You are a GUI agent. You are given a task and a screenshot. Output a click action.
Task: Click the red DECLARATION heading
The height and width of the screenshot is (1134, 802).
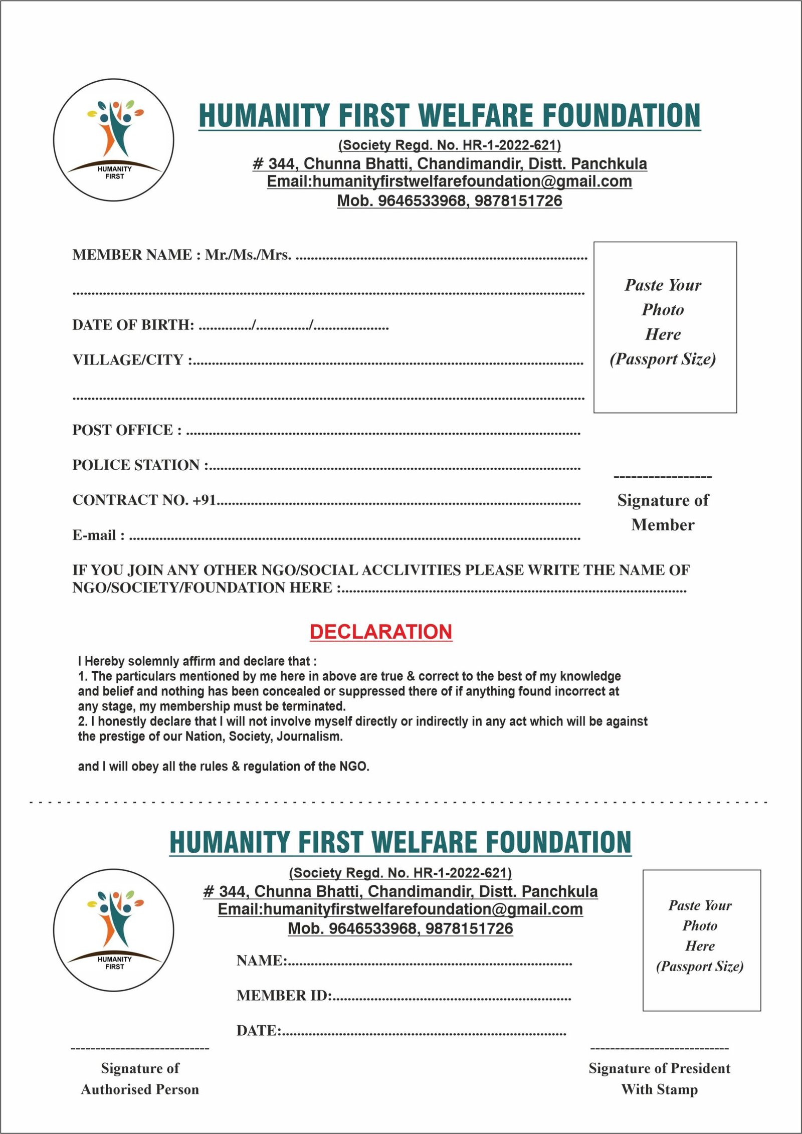(381, 632)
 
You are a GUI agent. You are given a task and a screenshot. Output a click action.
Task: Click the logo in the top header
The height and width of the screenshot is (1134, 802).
(114, 140)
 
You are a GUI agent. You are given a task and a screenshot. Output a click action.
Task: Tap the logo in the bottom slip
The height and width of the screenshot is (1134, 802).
(114, 929)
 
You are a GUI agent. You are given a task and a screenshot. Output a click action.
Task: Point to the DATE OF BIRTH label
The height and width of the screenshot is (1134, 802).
(133, 325)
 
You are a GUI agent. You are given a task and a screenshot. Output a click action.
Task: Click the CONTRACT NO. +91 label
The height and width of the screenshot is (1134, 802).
(144, 500)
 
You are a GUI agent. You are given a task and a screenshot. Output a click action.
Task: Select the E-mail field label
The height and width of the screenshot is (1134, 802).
(98, 535)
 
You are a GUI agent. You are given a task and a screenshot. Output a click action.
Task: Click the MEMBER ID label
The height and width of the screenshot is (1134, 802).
(284, 995)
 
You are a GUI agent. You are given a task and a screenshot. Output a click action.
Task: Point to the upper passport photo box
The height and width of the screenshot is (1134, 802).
(665, 327)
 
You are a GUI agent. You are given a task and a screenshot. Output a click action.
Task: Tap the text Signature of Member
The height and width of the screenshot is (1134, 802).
(663, 512)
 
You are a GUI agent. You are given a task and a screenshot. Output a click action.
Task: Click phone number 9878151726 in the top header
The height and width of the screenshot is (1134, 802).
(518, 201)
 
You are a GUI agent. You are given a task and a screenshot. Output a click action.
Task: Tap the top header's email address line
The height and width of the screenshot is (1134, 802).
(449, 181)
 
